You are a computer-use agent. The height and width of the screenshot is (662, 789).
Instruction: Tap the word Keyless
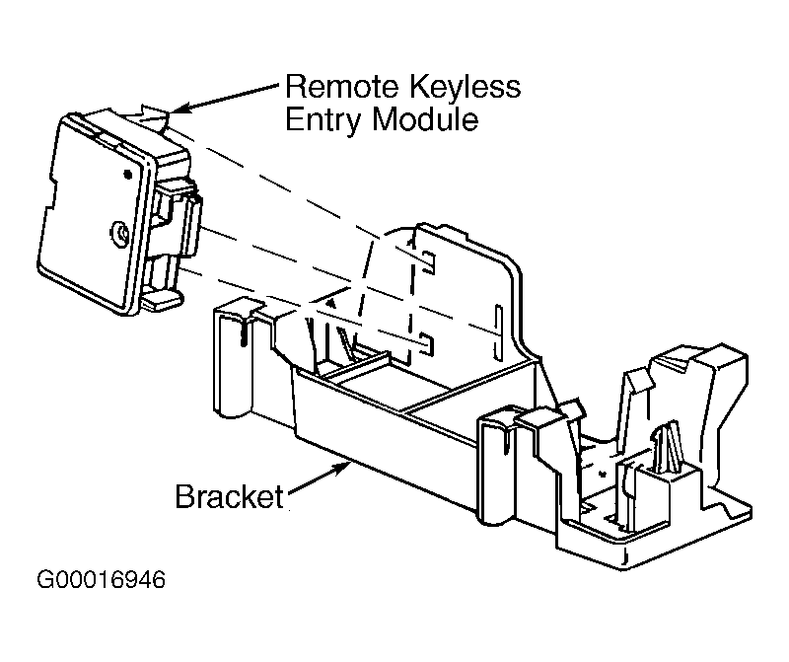click(x=465, y=88)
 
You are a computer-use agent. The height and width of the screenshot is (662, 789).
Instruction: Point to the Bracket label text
click(x=229, y=496)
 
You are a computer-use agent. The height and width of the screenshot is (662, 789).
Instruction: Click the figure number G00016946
click(x=102, y=580)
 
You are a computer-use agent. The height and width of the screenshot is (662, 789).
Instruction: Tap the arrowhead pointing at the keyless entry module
click(x=181, y=109)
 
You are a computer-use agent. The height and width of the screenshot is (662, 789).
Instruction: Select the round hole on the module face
click(x=118, y=234)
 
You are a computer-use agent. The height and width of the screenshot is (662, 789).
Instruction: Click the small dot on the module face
click(x=127, y=175)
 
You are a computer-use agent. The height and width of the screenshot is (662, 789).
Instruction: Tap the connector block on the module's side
click(x=177, y=224)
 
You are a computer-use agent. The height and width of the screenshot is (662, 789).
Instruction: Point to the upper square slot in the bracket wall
click(x=428, y=261)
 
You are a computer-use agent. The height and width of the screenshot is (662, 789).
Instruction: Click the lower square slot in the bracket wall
click(x=427, y=343)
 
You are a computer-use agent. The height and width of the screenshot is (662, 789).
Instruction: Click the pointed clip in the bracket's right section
click(x=669, y=447)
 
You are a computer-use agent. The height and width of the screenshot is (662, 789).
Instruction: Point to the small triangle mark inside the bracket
click(x=330, y=304)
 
